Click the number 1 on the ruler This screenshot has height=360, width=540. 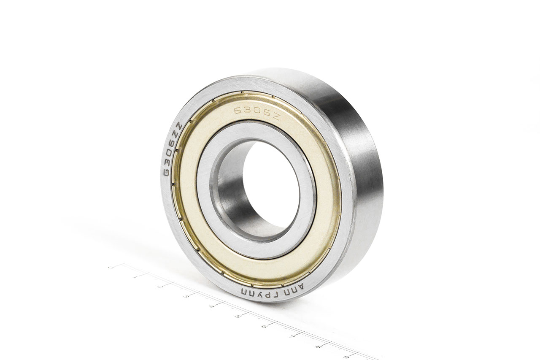click(x=135, y=277)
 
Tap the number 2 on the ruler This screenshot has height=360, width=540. click(x=160, y=287)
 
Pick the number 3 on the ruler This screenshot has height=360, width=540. click(x=186, y=297)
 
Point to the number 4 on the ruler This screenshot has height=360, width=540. click(x=211, y=306)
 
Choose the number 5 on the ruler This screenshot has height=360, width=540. click(x=238, y=316)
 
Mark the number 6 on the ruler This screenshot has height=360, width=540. click(x=264, y=326)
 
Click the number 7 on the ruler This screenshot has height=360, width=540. click(x=291, y=336)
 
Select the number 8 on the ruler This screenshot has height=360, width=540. click(x=318, y=346)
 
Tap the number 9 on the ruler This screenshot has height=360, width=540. click(x=346, y=357)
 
